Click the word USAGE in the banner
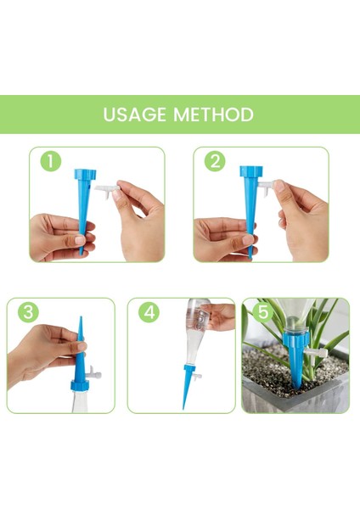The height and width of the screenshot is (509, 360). coord(134,115)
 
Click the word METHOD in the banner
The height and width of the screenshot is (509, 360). coord(213,115)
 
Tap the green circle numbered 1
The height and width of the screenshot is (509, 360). coord(51,161)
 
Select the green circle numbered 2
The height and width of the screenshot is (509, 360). coord(215,161)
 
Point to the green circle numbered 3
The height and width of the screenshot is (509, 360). coord(28,312)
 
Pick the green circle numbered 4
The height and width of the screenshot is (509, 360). coord(149,312)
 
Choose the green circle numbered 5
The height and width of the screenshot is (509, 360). coord(263,312)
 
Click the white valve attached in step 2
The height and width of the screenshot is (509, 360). coord(266,187)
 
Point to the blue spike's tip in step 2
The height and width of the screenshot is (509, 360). coord(250,257)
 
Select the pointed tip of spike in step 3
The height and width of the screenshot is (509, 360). coord(81,317)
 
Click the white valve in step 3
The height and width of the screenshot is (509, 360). coord(94,373)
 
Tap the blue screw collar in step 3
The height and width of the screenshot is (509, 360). coord(80,385)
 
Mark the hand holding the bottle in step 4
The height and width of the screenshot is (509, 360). coord(217,315)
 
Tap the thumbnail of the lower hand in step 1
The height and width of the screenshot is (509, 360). coord(80,240)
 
